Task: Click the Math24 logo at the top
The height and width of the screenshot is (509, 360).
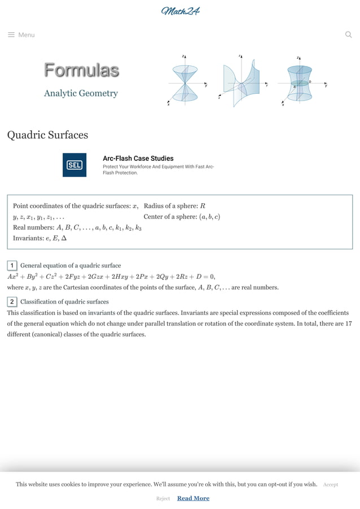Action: [x=180, y=11]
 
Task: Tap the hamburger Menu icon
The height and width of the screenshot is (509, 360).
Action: [x=11, y=35]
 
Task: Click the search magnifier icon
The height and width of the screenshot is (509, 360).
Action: [x=348, y=34]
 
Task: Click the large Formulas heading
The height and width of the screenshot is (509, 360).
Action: [x=81, y=71]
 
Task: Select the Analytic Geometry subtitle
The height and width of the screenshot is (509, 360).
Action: [x=81, y=93]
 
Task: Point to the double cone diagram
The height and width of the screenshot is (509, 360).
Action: [x=185, y=82]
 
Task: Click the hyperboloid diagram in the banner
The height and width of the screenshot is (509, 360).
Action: [x=300, y=82]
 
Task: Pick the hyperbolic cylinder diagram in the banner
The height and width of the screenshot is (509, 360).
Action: [x=242, y=82]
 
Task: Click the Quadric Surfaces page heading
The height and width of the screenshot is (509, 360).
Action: [x=47, y=135]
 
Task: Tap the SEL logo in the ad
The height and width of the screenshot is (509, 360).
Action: [x=74, y=165]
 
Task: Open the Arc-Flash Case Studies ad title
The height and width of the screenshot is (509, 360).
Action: [x=138, y=159]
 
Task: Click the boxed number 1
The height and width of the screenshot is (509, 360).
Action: [x=12, y=265]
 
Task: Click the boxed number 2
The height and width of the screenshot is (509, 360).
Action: [x=12, y=301]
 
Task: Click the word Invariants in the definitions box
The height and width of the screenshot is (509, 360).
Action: [x=28, y=238]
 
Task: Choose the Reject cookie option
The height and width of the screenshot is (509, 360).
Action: [x=163, y=498]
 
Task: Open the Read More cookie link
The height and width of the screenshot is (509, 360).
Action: [x=193, y=498]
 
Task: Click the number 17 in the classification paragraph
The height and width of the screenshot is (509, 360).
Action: [x=348, y=323]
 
